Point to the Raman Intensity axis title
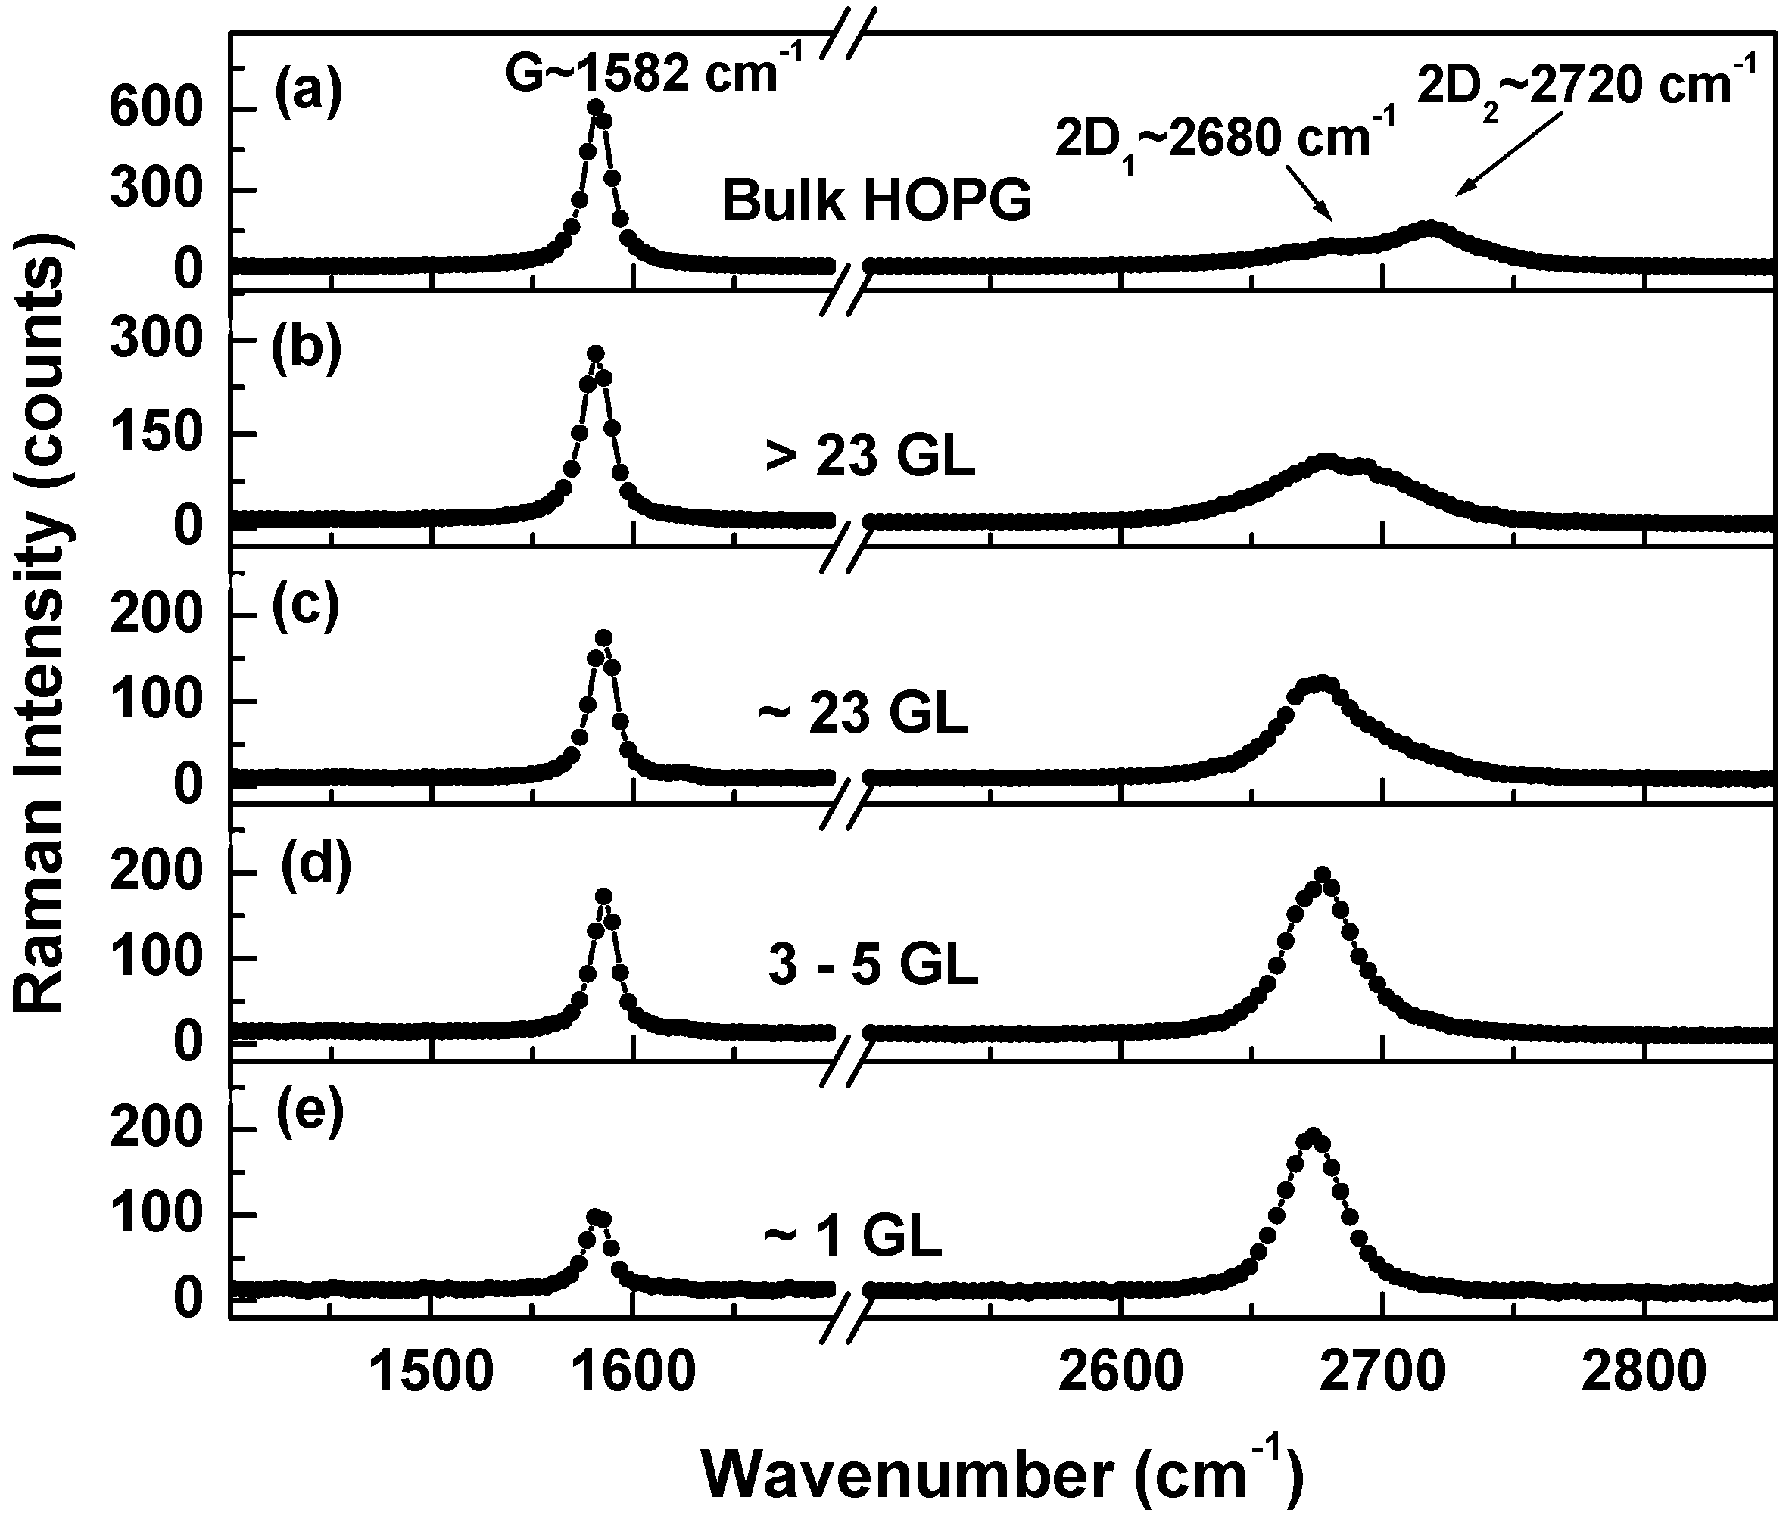pos(42,623)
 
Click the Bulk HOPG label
pos(876,201)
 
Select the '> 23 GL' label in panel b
pos(870,457)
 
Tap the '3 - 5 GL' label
pos(872,965)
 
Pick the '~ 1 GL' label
pos(852,1237)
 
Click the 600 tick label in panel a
pos(144,110)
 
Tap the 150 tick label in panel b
pos(144,432)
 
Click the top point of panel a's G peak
pos(596,107)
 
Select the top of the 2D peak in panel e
pos(1313,1135)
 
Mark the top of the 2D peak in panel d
pos(1321,875)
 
